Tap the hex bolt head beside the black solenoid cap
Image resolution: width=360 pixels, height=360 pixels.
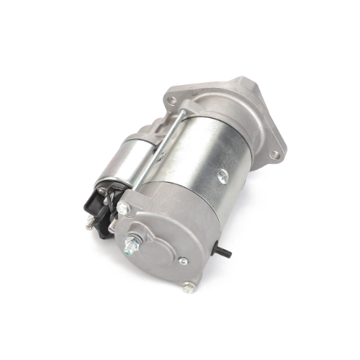point(123,209)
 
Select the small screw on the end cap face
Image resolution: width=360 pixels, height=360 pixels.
point(184,261)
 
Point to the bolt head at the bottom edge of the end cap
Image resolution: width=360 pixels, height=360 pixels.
point(189,287)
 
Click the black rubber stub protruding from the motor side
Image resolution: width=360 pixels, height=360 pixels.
point(225,253)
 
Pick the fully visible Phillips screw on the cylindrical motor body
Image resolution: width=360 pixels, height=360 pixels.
point(222,176)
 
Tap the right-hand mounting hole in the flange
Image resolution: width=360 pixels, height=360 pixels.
point(274,154)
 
